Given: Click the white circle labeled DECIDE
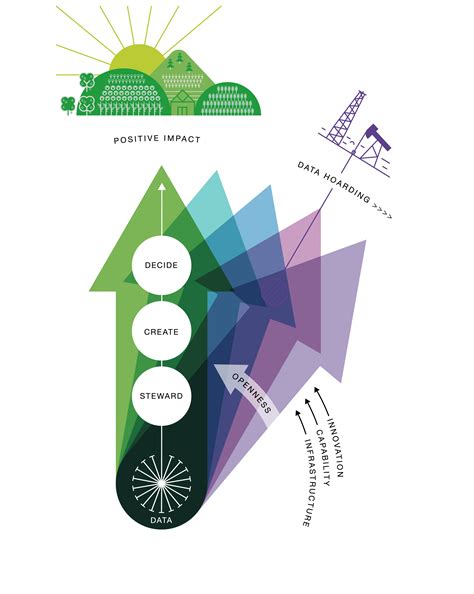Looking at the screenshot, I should point(162,267).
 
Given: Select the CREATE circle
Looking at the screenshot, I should point(162,332).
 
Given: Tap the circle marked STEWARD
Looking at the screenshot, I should point(162,396).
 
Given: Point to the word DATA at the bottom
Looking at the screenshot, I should point(162,523).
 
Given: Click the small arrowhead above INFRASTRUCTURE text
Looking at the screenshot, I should point(296,410).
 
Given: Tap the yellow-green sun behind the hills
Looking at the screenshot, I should point(135,62).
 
